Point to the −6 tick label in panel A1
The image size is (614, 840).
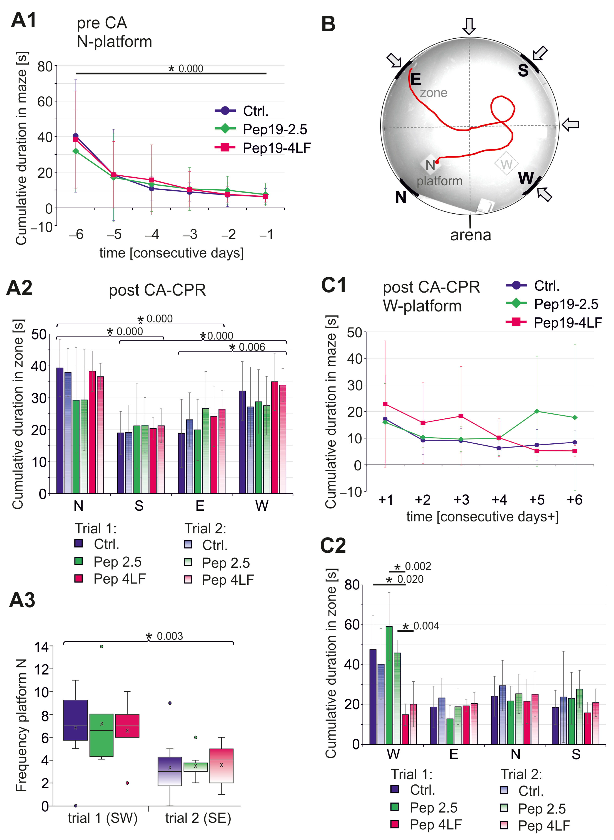point(76,234)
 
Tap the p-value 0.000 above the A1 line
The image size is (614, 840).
point(191,69)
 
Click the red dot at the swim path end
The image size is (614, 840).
point(437,162)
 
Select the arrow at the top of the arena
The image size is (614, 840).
point(469,26)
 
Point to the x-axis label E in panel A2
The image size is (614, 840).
point(200,506)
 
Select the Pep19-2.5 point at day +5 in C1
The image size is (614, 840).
point(537,411)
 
